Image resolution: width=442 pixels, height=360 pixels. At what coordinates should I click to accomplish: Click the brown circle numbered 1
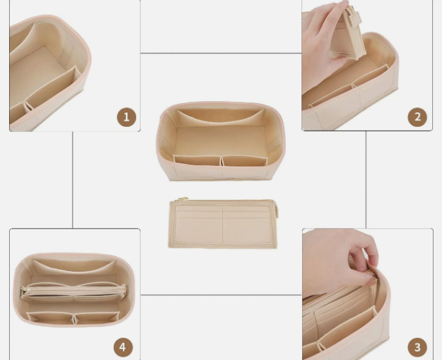click(127, 117)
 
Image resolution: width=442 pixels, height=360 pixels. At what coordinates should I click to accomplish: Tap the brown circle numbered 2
click(417, 117)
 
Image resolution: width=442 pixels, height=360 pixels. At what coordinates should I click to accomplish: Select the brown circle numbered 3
click(417, 347)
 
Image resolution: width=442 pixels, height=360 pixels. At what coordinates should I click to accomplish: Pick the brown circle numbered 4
click(123, 347)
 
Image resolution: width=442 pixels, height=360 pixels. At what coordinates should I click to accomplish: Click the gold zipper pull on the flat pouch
click(182, 199)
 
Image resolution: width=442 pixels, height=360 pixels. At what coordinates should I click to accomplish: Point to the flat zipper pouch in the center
click(223, 223)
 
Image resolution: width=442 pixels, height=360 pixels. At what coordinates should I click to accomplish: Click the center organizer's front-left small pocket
click(197, 161)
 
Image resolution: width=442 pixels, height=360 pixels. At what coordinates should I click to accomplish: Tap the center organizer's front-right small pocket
click(244, 161)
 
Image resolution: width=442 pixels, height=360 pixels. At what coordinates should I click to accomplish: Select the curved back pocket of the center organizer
click(220, 117)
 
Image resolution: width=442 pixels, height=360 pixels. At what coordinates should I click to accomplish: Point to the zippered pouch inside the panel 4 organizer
click(73, 293)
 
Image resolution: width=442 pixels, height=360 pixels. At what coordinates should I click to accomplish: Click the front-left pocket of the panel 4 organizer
click(50, 317)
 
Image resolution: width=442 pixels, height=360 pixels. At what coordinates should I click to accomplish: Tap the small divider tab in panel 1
click(28, 107)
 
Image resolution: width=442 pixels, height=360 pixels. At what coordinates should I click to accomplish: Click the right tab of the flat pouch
click(277, 210)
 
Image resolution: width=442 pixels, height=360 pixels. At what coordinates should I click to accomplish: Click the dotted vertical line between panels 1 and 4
click(73, 180)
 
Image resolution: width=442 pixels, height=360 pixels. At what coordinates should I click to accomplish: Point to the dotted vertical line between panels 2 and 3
click(366, 180)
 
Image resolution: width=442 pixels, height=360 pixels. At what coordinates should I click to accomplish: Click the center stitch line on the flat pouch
click(223, 225)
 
